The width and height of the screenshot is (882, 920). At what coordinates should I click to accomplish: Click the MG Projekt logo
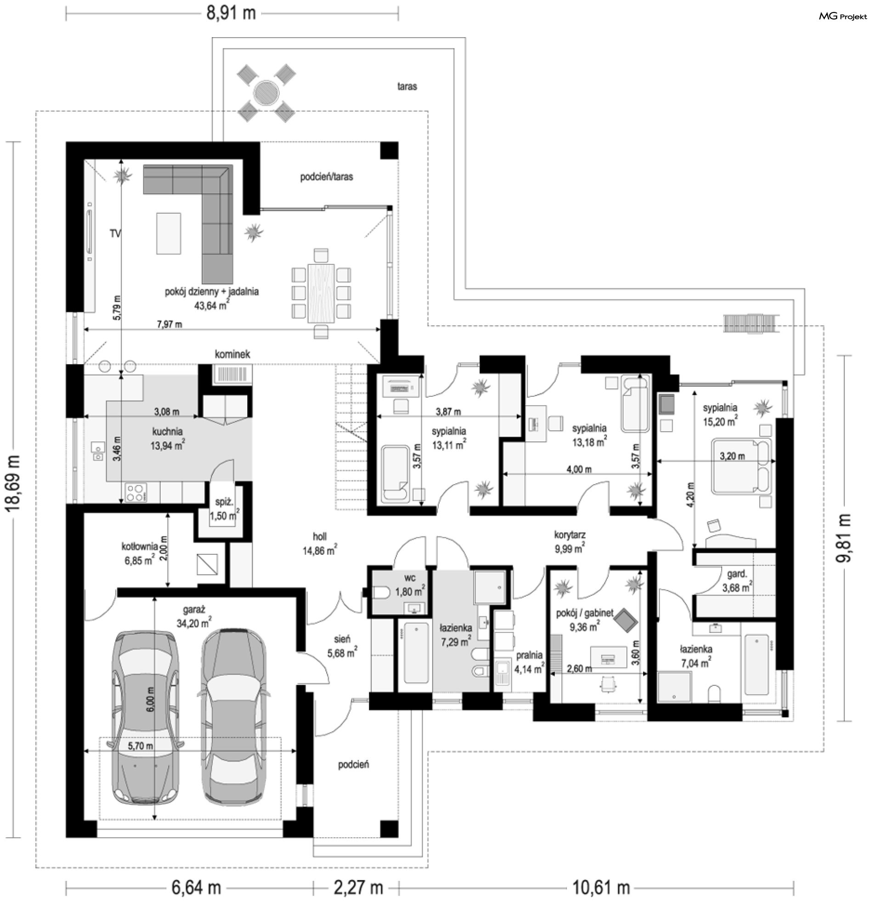[842, 17]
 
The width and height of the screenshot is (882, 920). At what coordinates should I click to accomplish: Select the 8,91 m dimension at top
[231, 13]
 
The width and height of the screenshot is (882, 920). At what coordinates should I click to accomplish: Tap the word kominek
[232, 354]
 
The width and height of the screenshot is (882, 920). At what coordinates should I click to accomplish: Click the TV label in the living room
[115, 233]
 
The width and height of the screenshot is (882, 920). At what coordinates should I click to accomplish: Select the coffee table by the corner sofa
[169, 233]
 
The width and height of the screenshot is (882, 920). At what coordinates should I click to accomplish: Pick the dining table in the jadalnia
[321, 293]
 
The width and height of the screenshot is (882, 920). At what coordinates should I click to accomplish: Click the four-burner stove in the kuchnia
[136, 492]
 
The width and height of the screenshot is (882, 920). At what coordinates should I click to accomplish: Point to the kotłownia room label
[139, 547]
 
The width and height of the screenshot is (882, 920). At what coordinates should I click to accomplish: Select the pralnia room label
[529, 655]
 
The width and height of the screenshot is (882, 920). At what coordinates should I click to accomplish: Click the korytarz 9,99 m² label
[570, 541]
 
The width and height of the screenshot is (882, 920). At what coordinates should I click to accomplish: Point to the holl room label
[320, 536]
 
